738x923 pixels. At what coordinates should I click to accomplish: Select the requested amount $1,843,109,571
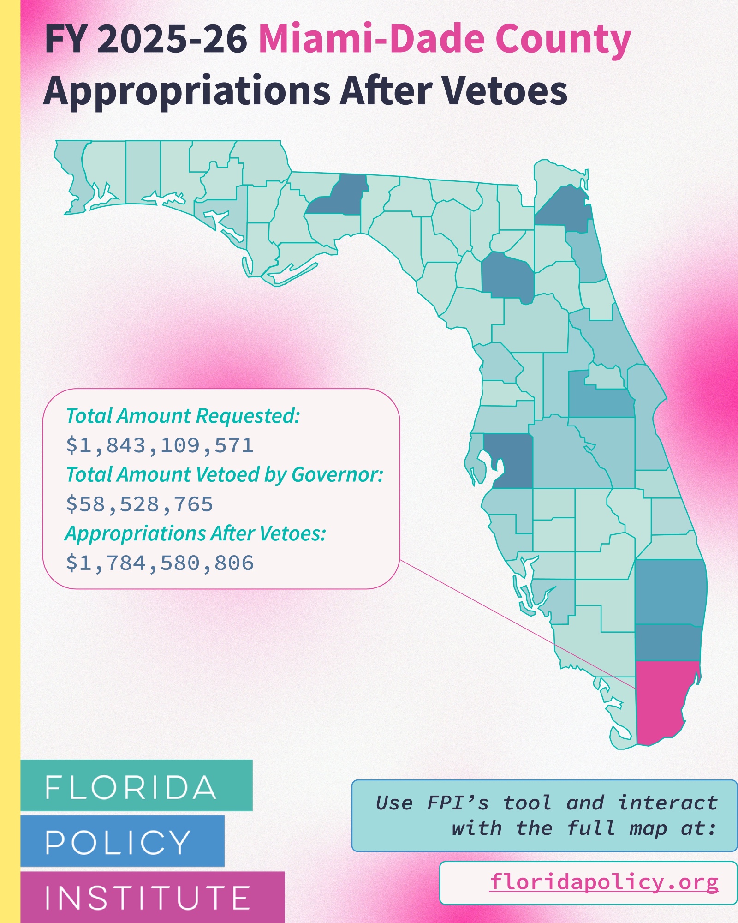pyautogui.click(x=160, y=445)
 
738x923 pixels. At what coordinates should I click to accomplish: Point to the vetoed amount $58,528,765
pyautogui.click(x=139, y=504)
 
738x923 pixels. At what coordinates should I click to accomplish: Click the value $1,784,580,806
pyautogui.click(x=160, y=563)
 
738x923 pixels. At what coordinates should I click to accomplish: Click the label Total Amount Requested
pyautogui.click(x=183, y=416)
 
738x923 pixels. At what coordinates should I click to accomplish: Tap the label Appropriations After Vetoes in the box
pyautogui.click(x=196, y=533)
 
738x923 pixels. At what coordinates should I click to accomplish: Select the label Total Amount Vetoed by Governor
pyautogui.click(x=225, y=474)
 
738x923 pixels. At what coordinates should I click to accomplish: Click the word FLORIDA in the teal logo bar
pyautogui.click(x=131, y=788)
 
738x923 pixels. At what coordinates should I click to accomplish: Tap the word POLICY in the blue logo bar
pyautogui.click(x=118, y=842)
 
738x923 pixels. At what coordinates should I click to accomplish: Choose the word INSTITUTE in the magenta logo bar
pyautogui.click(x=148, y=898)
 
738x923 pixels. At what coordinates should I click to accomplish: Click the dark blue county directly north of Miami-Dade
pyautogui.click(x=668, y=642)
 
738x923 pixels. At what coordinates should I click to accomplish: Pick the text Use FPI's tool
pyautogui.click(x=463, y=803)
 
